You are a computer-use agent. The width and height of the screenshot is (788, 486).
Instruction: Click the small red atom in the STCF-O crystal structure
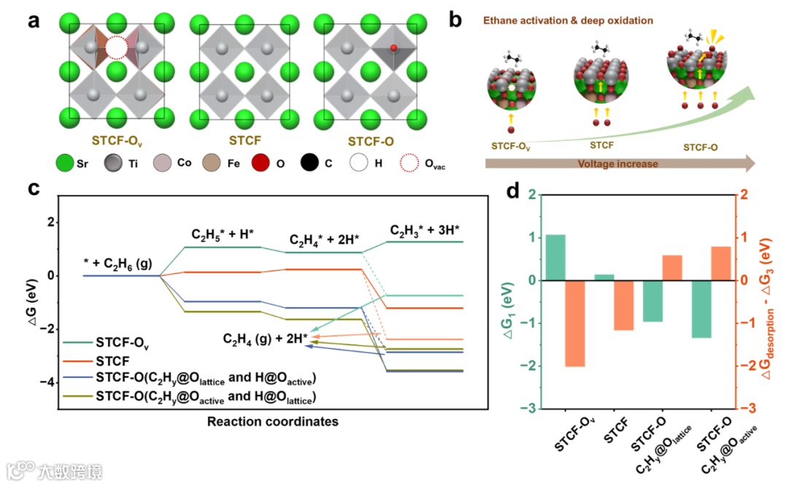(x=393, y=48)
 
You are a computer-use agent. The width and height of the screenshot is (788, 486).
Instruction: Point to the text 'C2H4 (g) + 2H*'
(x=265, y=338)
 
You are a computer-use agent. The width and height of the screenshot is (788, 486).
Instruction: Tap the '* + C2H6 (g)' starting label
(x=120, y=263)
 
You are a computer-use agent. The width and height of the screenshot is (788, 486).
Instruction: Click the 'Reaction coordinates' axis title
(x=273, y=422)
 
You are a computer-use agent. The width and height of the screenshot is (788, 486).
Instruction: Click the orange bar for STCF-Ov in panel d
(x=575, y=323)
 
